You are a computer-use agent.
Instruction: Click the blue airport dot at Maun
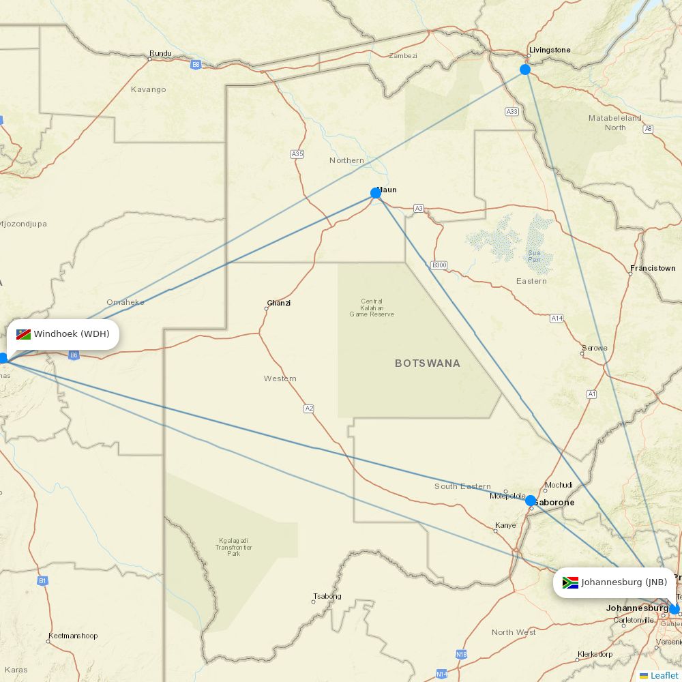click(376, 193)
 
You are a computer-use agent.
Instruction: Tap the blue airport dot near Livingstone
click(525, 70)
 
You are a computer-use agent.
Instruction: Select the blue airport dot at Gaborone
click(531, 501)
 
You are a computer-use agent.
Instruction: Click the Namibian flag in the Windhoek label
click(24, 334)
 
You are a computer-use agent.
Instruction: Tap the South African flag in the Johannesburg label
click(570, 582)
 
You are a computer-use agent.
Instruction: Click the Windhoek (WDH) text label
click(72, 334)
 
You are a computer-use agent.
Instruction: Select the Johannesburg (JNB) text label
click(624, 582)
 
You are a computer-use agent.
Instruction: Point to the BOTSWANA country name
click(428, 364)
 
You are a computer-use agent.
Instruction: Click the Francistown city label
click(653, 268)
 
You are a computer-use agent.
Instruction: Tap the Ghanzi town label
click(279, 303)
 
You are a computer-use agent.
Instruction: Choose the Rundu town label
click(160, 53)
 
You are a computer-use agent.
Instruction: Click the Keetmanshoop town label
click(73, 636)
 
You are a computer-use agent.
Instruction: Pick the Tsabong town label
click(327, 596)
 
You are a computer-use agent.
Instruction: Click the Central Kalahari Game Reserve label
click(372, 308)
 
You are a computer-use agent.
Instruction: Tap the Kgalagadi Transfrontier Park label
click(234, 547)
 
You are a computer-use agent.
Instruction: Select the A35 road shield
click(297, 154)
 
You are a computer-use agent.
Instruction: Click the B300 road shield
click(439, 265)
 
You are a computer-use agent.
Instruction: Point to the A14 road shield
click(557, 318)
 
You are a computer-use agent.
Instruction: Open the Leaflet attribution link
click(664, 675)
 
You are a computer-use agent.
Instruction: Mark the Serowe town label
click(594, 348)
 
